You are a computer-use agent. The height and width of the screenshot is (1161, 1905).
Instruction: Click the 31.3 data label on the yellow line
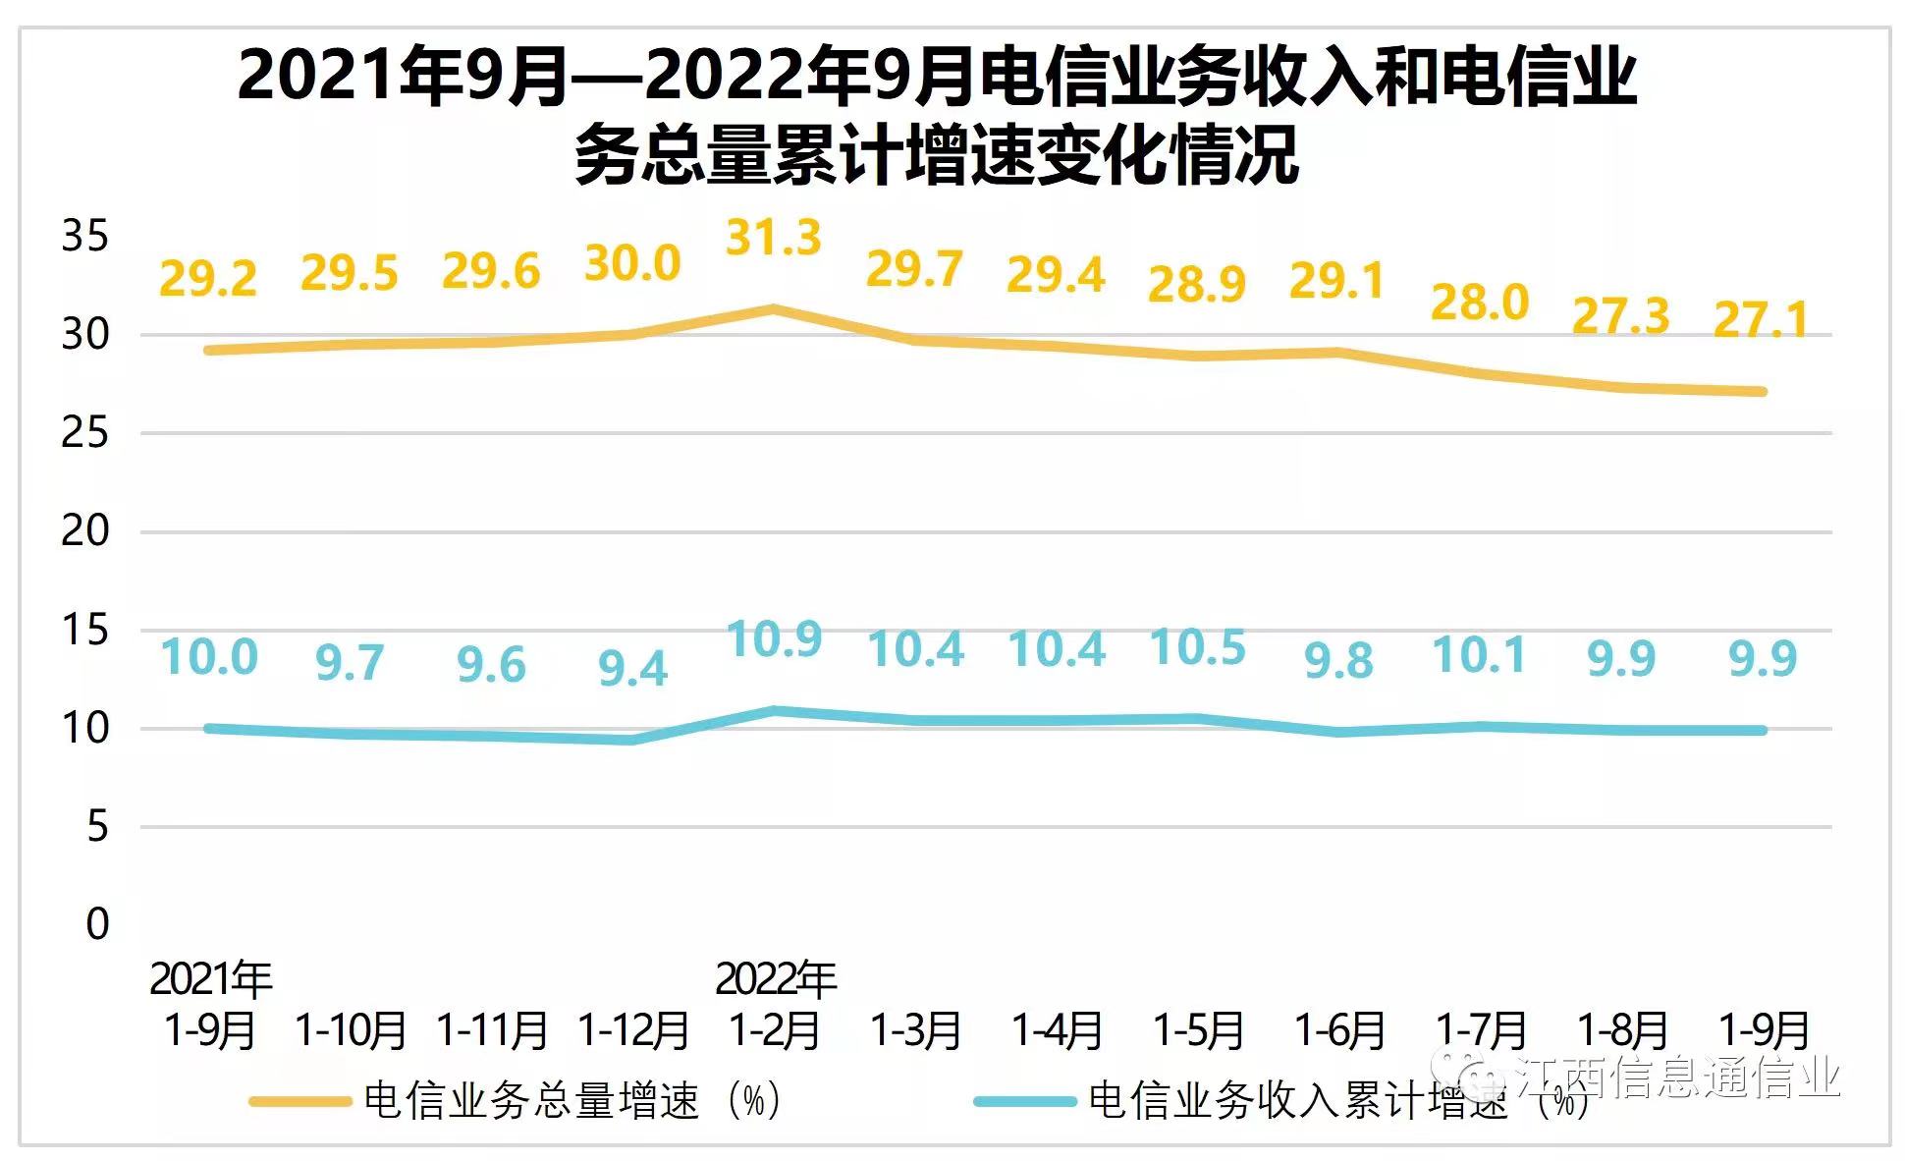(x=773, y=238)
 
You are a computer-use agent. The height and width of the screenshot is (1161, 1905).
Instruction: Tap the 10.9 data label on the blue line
(x=774, y=639)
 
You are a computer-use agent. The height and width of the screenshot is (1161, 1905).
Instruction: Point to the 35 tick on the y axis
(x=84, y=237)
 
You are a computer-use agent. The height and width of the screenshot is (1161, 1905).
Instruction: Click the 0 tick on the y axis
(x=97, y=924)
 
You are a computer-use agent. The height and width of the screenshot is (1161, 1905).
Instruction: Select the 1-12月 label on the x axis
(x=632, y=1030)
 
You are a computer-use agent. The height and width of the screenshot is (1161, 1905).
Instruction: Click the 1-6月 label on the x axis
(x=1339, y=1030)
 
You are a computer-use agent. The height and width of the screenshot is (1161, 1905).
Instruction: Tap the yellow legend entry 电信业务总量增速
(x=530, y=1100)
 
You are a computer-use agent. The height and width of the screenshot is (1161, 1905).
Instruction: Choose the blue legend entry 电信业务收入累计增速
(x=1296, y=1100)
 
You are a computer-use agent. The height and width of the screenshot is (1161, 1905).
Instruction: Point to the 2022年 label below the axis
(x=775, y=979)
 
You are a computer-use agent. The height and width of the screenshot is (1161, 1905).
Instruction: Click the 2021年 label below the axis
(x=210, y=979)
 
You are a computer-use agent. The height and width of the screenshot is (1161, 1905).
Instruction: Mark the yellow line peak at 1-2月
(x=774, y=309)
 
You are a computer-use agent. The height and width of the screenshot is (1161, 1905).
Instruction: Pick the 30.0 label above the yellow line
(x=632, y=263)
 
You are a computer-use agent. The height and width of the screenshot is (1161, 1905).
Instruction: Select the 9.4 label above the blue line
(x=632, y=669)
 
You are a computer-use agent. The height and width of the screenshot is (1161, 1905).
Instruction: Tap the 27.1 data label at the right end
(x=1761, y=319)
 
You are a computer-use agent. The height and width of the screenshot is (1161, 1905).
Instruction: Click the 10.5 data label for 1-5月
(x=1197, y=647)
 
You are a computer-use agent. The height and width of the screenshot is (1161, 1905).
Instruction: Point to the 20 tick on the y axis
(x=84, y=531)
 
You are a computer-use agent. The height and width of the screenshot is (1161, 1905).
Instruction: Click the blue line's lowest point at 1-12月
(x=632, y=740)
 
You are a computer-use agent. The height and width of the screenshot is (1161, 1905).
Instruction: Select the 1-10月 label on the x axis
(x=351, y=1030)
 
